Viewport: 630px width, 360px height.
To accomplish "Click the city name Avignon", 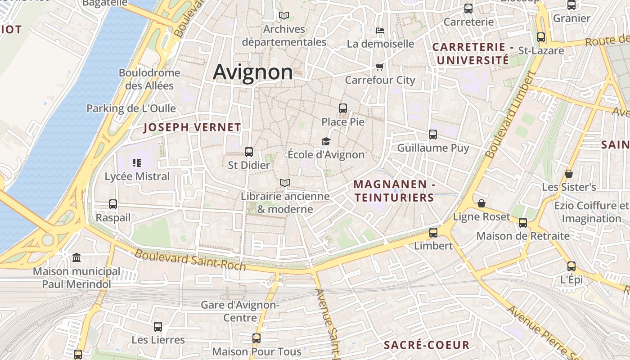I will click(252, 72).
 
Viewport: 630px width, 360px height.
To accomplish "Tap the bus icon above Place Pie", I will click(343, 108).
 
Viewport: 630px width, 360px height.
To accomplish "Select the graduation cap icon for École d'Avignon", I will click(326, 142).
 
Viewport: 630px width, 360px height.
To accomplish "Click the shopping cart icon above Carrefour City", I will click(379, 67).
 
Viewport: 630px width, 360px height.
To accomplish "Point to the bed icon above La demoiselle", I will click(380, 31).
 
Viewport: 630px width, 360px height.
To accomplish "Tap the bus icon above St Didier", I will click(249, 152).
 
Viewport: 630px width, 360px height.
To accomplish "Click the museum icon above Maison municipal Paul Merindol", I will click(76, 258).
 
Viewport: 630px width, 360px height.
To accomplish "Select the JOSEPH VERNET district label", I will click(192, 127).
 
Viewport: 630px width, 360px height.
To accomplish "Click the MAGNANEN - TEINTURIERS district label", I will click(394, 191).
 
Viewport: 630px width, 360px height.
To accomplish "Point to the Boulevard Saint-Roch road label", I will click(190, 260).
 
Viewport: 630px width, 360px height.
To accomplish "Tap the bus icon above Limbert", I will click(433, 233).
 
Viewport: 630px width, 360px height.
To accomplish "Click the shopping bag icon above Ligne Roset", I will click(481, 203).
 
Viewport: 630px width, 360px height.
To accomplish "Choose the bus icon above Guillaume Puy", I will click(433, 135).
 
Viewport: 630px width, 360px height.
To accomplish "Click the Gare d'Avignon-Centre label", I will click(240, 311).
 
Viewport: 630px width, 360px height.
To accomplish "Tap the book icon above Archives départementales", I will click(283, 16).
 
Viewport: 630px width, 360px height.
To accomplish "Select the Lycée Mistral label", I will click(137, 176).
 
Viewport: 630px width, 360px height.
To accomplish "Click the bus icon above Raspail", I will click(113, 204).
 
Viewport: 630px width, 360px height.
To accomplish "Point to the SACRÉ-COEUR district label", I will click(426, 345).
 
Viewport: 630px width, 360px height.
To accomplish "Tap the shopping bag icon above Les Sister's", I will click(569, 174).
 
